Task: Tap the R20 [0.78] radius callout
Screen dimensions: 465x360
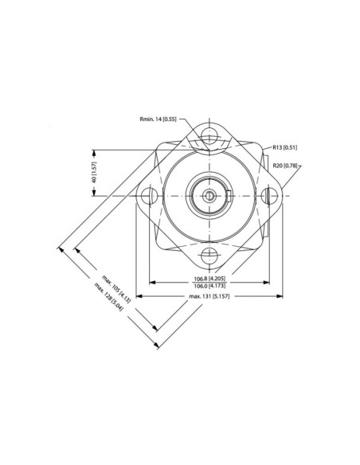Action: (x=284, y=165)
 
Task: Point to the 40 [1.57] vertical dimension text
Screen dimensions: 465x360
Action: (x=93, y=172)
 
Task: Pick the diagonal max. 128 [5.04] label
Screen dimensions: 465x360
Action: (x=110, y=296)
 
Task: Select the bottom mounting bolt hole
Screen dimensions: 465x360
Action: (x=210, y=256)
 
